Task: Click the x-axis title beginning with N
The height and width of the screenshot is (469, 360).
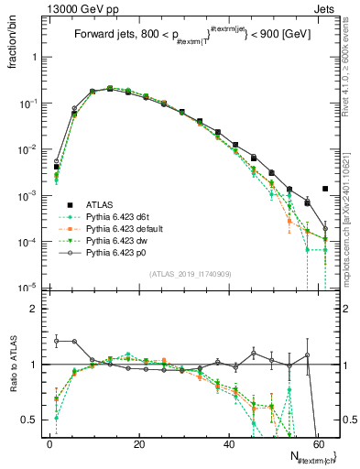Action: (303, 456)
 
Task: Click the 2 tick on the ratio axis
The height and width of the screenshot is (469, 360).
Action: (34, 309)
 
